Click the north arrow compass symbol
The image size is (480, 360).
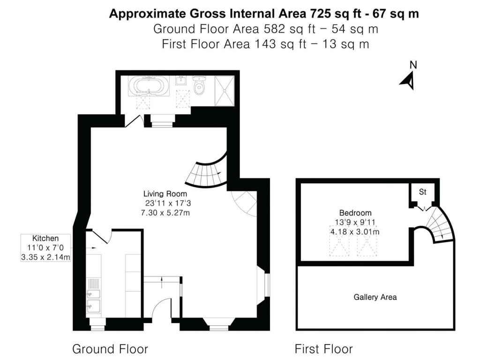[x=408, y=76]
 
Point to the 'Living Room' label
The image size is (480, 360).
[x=165, y=194]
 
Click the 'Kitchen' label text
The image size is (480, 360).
[x=45, y=238]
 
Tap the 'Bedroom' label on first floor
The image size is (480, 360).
[x=355, y=212]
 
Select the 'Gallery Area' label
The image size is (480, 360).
[x=375, y=297]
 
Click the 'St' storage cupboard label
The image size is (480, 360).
[x=422, y=192]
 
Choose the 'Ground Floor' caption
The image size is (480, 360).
[x=110, y=349]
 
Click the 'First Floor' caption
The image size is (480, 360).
[x=323, y=349]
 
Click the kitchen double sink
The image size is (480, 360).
[x=93, y=300]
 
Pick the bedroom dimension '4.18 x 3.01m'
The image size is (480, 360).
[x=355, y=232]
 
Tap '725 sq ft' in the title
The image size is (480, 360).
[x=324, y=14]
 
